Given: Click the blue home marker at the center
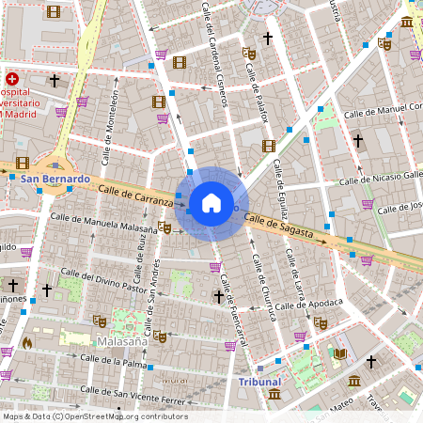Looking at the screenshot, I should [x=211, y=203].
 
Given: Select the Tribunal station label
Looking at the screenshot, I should [x=259, y=382].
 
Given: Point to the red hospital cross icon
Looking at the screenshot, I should [x=11, y=80].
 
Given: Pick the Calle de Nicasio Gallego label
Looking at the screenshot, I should [x=381, y=177].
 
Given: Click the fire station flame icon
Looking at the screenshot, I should [x=27, y=343].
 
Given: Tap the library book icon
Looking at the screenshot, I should [x=340, y=354].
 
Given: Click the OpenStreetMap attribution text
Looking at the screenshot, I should [x=94, y=416].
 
